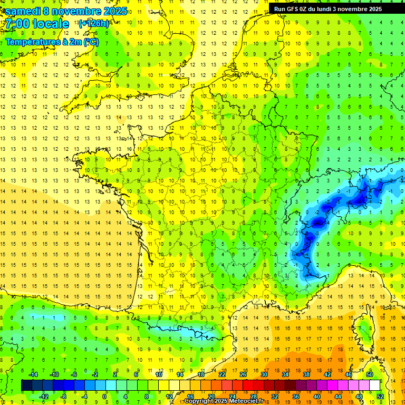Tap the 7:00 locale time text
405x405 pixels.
(37, 24)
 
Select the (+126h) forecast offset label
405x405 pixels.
(94, 23)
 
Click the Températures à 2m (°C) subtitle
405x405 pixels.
(52, 42)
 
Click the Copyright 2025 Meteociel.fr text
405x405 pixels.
(224, 401)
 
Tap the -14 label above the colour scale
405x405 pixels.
(33, 374)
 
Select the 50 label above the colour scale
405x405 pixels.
(370, 374)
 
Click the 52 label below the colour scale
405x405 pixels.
(380, 397)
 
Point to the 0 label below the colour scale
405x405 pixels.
(104, 397)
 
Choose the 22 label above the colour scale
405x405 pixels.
(222, 374)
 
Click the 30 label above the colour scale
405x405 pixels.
(264, 374)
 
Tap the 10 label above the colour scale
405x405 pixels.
(159, 374)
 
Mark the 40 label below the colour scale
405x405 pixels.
(317, 397)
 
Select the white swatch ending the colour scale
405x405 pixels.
(375, 385)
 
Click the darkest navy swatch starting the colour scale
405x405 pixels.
(26, 385)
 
